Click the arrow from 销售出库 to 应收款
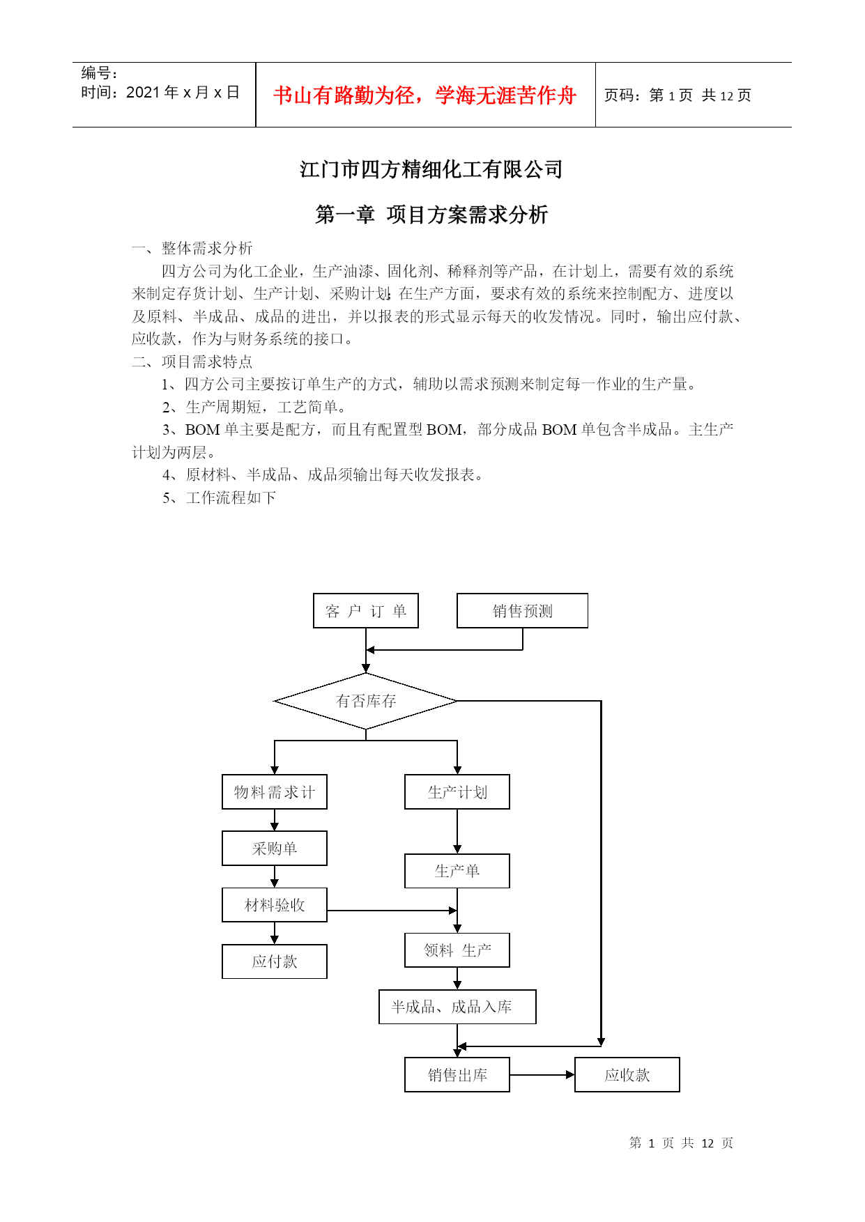point(542,1075)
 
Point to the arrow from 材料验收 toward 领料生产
point(392,911)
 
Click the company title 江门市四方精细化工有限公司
point(431,169)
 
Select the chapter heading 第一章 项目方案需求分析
point(431,215)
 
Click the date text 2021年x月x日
point(183,93)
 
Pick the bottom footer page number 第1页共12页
point(681,1143)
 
